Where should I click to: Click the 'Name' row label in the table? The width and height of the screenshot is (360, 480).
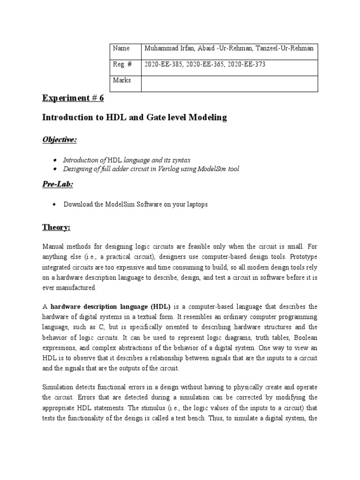(121, 48)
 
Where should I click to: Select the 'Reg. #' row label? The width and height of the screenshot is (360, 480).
(121, 65)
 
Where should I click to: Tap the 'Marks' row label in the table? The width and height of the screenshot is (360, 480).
(122, 80)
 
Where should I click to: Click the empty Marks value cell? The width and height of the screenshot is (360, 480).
(230, 83)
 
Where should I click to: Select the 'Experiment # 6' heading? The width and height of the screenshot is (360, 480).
(73, 98)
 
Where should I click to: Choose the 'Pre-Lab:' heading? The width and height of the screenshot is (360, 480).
(58, 185)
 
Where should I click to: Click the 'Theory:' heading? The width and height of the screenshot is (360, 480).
(56, 227)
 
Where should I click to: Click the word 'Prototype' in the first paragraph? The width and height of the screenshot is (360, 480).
(304, 256)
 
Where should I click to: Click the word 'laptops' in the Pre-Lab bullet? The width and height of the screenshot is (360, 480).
(197, 204)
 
